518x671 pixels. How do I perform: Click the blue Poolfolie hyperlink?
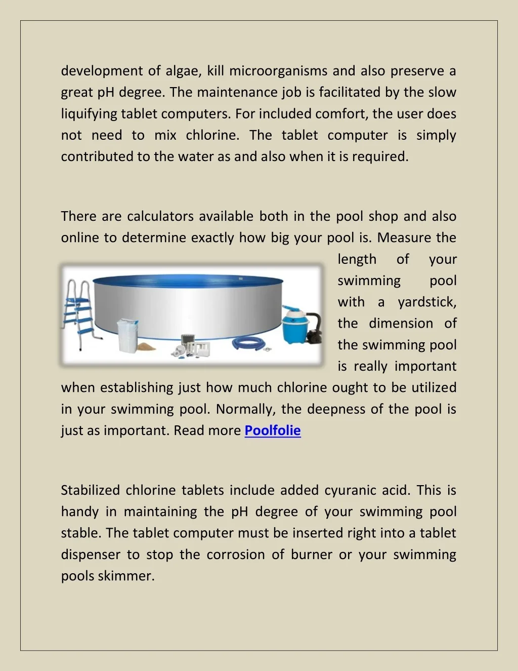pyautogui.click(x=273, y=430)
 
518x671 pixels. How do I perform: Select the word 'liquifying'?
pyautogui.click(x=89, y=114)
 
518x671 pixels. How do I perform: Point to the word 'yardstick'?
pyautogui.click(x=426, y=302)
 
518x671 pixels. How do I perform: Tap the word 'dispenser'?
pyautogui.click(x=91, y=555)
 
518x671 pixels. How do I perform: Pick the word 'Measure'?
pyautogui.click(x=404, y=238)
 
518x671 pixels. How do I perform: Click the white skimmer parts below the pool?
pyautogui.click(x=190, y=347)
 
